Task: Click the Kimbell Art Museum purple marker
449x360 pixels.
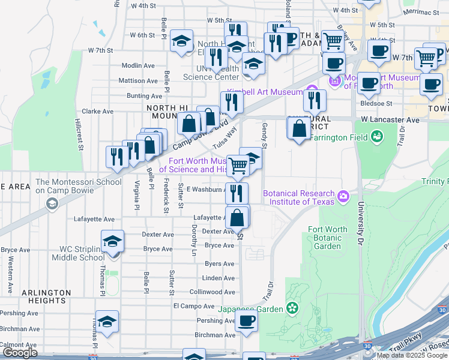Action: point(312,92)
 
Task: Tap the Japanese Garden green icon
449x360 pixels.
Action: point(292,309)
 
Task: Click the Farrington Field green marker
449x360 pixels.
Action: point(376,138)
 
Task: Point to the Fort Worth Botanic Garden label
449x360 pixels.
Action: point(327,238)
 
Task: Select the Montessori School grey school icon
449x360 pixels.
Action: point(52,203)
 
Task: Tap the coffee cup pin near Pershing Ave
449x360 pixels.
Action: point(246,321)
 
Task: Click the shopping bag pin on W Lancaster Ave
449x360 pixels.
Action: point(299,128)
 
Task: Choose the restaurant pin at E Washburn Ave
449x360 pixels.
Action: point(237,193)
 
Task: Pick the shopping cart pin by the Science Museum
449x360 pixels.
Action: point(238,165)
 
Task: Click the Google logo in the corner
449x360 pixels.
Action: point(20,352)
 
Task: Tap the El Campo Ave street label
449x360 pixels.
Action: point(190,305)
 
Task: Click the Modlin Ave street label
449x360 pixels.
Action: point(138,65)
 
